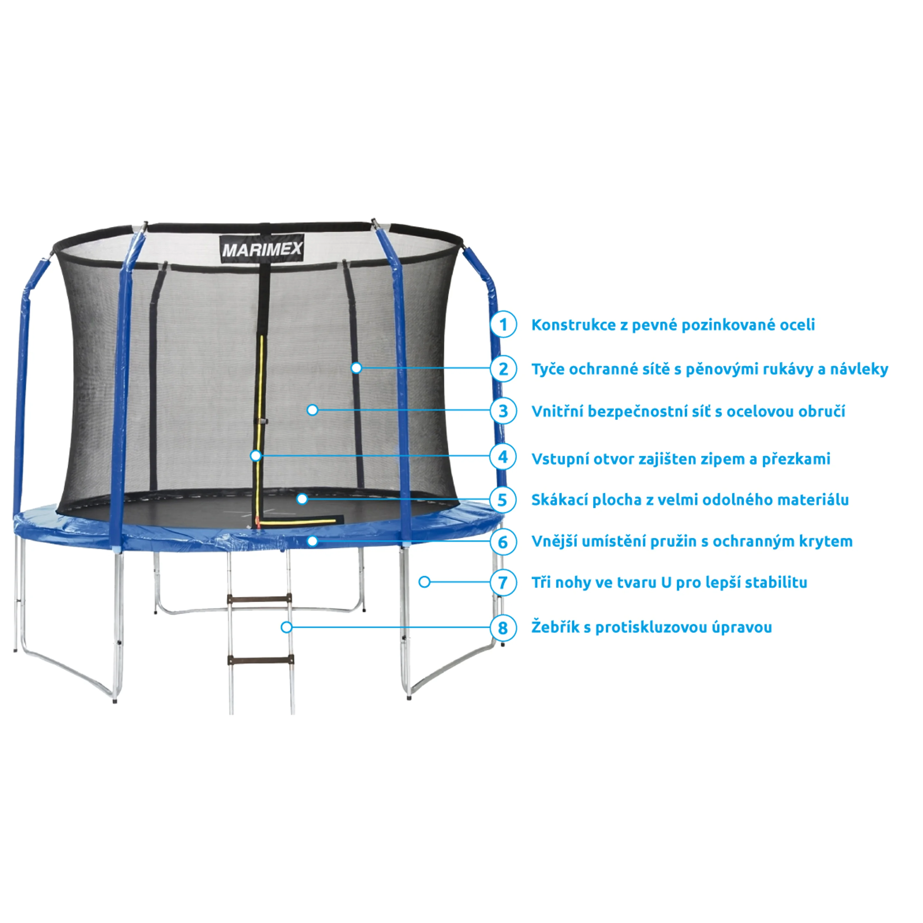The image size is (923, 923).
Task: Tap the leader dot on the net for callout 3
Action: (313, 410)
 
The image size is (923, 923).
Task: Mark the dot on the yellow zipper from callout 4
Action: (256, 456)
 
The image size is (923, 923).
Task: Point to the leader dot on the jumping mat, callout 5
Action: (302, 499)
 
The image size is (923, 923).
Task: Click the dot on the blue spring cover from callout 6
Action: (313, 541)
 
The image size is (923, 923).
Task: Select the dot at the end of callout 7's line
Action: (424, 582)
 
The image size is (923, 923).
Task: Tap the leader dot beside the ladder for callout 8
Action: (287, 627)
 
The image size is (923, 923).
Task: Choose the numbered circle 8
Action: (503, 627)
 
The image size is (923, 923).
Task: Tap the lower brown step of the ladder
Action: (260, 660)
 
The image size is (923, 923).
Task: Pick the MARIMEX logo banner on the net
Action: (262, 248)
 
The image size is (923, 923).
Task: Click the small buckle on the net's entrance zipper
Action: (261, 422)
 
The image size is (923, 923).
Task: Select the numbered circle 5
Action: (503, 500)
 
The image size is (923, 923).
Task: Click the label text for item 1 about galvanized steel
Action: (673, 325)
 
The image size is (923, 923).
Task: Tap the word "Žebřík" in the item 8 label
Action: (556, 627)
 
